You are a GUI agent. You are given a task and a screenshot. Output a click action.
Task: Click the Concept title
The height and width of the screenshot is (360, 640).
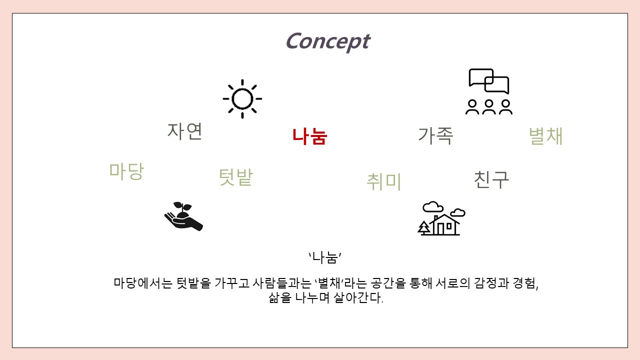coord(328,42)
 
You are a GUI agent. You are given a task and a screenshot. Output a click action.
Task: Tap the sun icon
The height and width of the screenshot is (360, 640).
coord(242,99)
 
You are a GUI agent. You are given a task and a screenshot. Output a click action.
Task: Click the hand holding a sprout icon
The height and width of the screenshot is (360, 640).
coord(183,216)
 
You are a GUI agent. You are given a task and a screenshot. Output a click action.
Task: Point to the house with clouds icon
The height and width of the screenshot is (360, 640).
coord(441,218)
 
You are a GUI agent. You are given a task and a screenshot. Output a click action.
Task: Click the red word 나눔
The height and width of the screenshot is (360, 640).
coord(309,136)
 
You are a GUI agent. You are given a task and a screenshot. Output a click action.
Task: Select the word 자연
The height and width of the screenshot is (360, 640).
coord(185,131)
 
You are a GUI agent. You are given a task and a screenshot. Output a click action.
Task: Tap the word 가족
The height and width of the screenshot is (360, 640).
coord(435,135)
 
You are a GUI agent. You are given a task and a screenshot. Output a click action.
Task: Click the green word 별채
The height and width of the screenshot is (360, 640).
coord(545,135)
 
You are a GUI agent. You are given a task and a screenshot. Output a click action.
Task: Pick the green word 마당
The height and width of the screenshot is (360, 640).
coord(126,171)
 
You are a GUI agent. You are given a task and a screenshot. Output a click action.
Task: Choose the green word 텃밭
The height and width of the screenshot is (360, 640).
coord(235,177)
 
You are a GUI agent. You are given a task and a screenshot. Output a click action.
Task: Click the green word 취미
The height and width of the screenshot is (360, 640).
coord(383,181)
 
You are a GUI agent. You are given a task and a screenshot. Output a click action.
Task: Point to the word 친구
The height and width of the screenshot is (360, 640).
coord(491,179)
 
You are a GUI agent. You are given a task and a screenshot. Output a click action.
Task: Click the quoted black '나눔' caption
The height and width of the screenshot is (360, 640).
coord(325,257)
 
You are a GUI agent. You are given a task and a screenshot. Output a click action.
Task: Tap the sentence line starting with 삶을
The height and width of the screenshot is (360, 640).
coord(325,297)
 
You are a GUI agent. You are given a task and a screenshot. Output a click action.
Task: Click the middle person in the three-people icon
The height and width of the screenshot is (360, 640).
coord(489,107)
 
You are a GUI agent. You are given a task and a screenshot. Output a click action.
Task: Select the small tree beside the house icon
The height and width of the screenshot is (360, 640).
coord(424,227)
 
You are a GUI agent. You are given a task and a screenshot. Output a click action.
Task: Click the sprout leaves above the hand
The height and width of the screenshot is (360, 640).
coord(182,206)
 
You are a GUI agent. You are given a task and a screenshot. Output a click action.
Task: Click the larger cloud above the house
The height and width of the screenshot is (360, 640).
coord(433,206)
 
